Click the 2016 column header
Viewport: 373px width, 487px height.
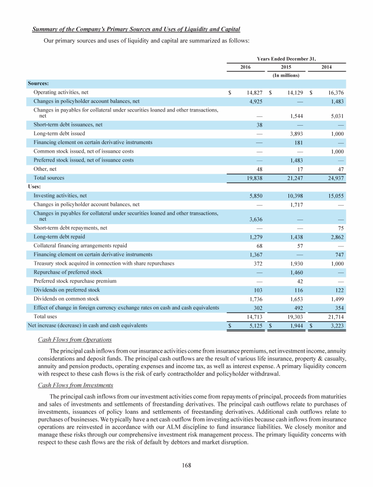(x=246, y=66)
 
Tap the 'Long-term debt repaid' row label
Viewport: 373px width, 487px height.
(x=59, y=237)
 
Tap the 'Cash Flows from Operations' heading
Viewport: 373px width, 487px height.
(x=75, y=340)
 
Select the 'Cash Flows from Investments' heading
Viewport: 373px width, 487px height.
(x=75, y=385)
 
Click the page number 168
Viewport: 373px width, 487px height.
(x=187, y=466)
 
